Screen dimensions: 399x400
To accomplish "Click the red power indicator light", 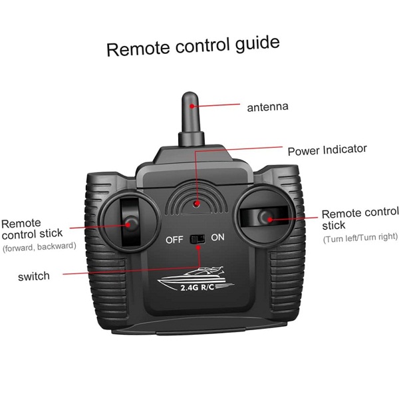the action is coord(196,204).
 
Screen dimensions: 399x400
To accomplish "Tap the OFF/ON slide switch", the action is coord(198,239).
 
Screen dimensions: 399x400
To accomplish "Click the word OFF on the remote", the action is coord(174,240).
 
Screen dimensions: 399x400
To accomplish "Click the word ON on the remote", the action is coord(217,237).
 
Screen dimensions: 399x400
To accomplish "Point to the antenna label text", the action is coord(268,107).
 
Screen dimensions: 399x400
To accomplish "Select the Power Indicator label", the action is coord(327,150).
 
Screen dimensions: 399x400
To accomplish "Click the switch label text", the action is coord(34,276).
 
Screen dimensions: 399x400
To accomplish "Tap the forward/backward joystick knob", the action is coord(131,224).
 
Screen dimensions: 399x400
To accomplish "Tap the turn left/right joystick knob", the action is coord(267,218).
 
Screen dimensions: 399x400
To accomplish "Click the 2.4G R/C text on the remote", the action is coord(198,288).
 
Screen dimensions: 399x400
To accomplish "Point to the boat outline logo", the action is coord(196,279).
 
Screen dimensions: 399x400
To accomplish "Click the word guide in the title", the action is coord(257,44).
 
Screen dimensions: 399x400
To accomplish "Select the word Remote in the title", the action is coord(138,49).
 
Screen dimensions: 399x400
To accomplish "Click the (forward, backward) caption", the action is coord(39,247).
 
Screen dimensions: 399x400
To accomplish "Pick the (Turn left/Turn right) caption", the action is coord(360,238).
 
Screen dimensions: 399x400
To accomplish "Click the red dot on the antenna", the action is coord(192,106).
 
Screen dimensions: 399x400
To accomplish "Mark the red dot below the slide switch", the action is coord(198,248).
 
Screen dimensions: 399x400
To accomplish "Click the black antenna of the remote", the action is coord(191,119).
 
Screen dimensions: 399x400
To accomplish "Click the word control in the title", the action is coord(201,46).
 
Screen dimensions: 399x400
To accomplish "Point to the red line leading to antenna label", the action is coord(216,105).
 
